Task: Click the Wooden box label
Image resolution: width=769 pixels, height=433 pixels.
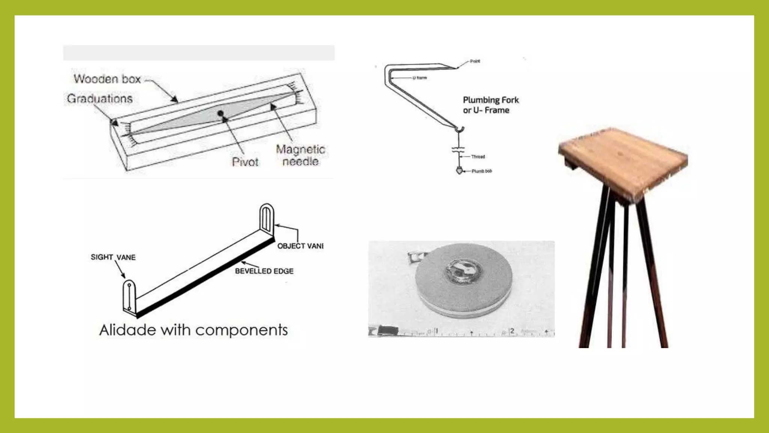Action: tap(107, 79)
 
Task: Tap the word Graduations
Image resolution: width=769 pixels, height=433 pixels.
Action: tap(100, 98)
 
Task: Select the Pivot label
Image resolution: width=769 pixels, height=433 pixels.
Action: tap(245, 162)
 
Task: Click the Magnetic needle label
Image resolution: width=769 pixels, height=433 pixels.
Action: tap(300, 155)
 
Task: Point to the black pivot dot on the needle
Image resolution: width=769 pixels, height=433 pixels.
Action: tap(220, 113)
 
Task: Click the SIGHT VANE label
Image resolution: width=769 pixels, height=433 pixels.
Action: tap(113, 257)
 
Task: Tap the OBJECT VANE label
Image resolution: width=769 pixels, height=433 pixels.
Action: tap(300, 246)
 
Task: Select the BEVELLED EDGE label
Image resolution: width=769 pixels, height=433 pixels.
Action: tap(264, 271)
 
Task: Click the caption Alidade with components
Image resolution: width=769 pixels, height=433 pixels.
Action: tap(193, 330)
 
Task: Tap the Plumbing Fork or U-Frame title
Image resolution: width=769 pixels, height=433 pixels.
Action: tap(490, 105)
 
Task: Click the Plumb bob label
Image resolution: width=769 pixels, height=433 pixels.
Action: tap(482, 171)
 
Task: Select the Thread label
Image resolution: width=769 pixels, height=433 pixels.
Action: tap(478, 157)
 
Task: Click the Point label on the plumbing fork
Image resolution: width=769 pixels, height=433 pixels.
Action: tap(475, 61)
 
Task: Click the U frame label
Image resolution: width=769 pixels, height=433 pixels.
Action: tap(419, 78)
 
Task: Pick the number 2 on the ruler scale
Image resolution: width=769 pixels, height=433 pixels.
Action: tap(512, 331)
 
